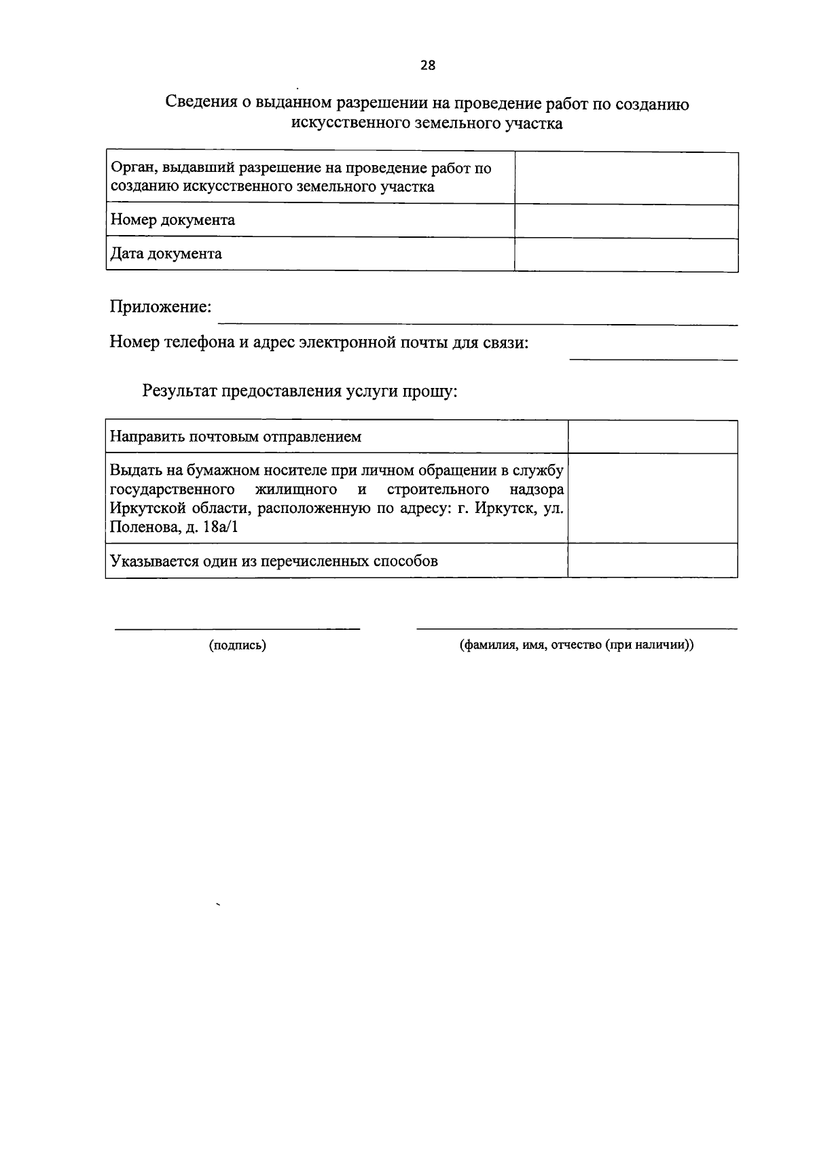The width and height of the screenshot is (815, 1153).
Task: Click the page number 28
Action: [428, 65]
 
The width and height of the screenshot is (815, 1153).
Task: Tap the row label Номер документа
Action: [173, 220]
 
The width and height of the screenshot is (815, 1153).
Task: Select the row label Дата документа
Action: [166, 254]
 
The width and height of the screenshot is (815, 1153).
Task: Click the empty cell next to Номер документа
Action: [626, 221]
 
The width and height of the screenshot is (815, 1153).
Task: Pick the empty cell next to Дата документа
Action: [626, 255]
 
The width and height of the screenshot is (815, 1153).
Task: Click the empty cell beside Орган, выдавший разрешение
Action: [626, 177]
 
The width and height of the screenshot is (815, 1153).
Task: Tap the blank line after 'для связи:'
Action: [653, 357]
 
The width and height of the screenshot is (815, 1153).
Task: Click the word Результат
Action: [180, 391]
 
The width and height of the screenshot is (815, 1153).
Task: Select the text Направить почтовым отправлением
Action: [236, 437]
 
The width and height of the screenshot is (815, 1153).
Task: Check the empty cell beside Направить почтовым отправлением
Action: [652, 437]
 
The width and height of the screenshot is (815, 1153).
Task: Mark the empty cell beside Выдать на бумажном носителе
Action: [652, 498]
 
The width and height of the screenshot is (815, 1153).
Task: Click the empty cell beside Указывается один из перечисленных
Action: [652, 561]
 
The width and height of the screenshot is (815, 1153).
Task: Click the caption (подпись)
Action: [237, 645]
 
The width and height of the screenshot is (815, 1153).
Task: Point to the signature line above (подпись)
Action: [237, 628]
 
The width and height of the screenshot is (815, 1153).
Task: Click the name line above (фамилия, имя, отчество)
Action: [577, 628]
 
